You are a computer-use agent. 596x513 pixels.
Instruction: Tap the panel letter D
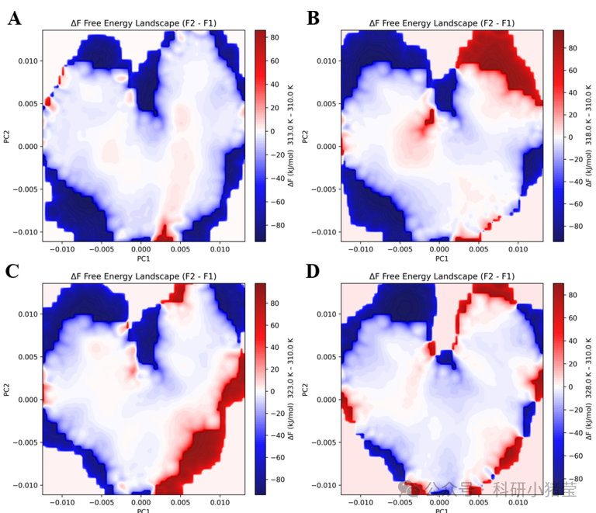[x=313, y=271]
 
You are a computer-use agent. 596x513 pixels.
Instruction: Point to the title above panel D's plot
[x=442, y=276]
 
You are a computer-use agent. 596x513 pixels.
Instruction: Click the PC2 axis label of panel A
[x=7, y=136]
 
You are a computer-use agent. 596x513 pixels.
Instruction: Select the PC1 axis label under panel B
[x=442, y=258]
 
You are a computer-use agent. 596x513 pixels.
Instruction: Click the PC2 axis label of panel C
[x=7, y=389]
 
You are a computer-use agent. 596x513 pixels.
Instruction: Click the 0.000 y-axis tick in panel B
[x=327, y=146]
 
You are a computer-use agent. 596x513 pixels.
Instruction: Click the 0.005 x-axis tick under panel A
[x=181, y=249]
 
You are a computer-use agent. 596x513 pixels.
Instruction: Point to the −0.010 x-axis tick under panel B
[x=361, y=249]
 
